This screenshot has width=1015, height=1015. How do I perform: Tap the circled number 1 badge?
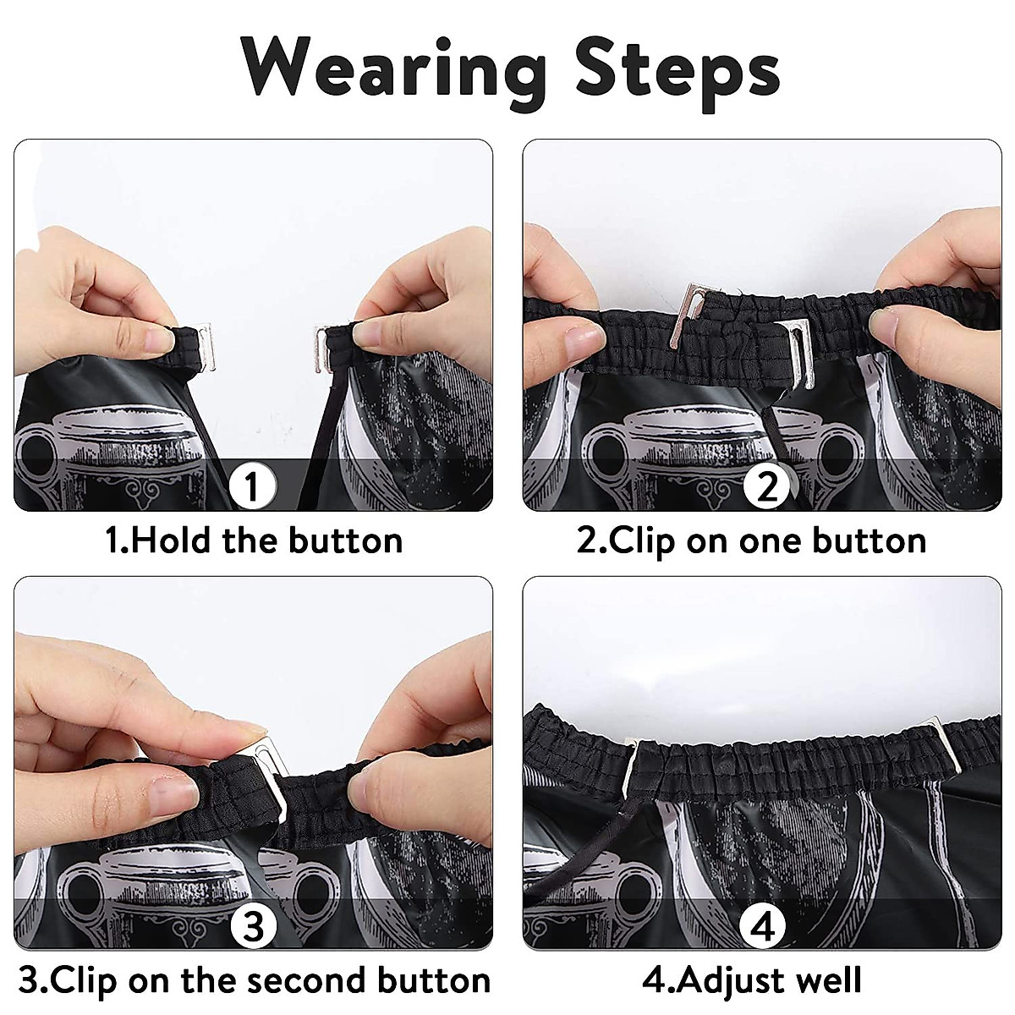pyautogui.click(x=252, y=486)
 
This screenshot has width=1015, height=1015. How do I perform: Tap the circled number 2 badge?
pyautogui.click(x=767, y=486)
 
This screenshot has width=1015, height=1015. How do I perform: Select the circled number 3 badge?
pyautogui.click(x=254, y=925)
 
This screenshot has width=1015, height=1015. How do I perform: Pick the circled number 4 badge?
pyautogui.click(x=763, y=925)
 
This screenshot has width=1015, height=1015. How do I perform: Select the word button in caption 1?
pyautogui.click(x=346, y=540)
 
